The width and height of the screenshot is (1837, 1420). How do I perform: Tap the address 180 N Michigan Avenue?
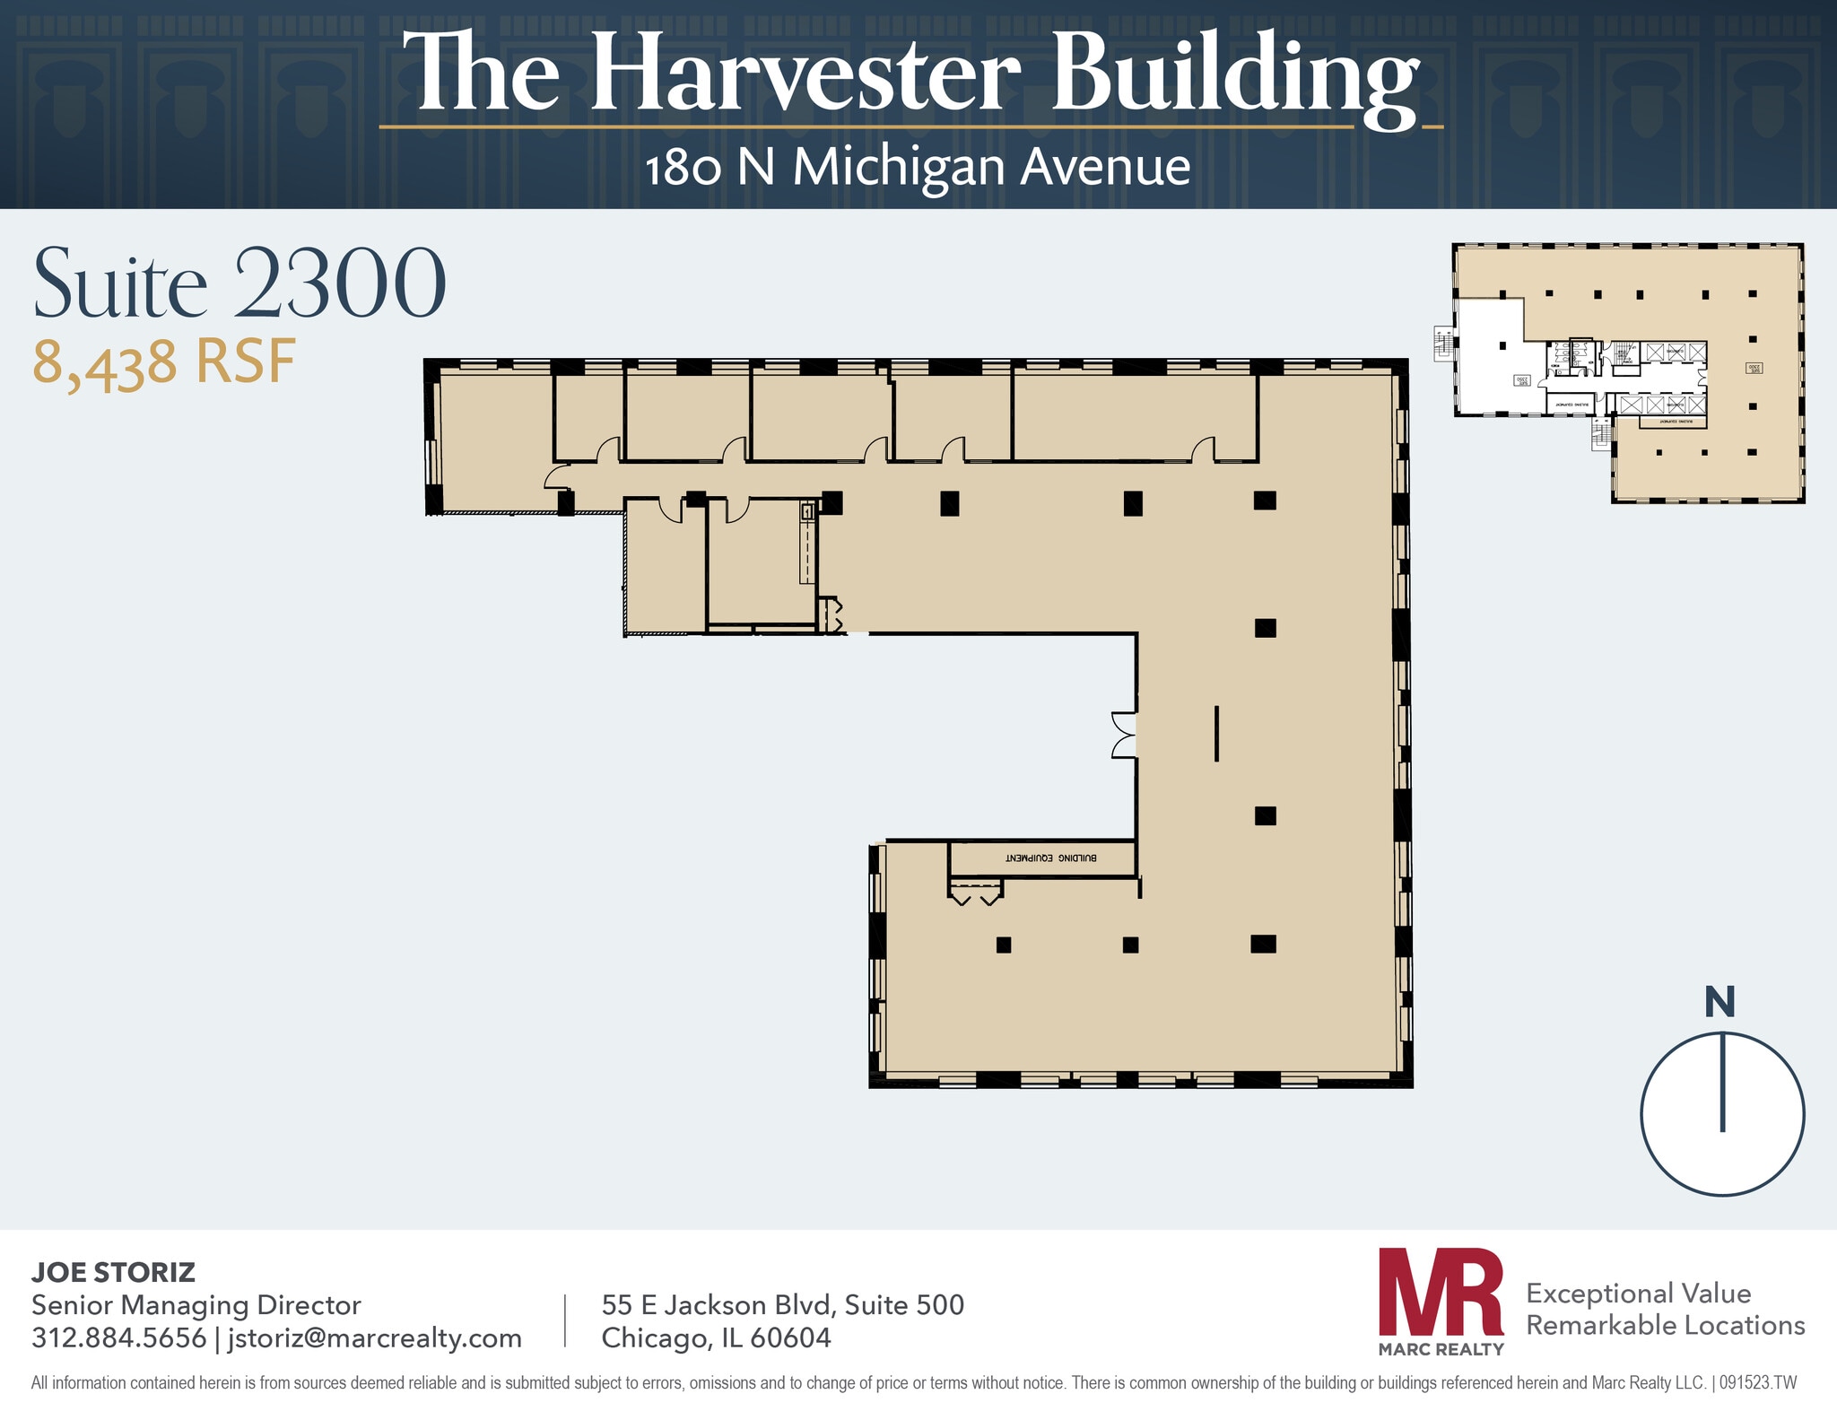(917, 167)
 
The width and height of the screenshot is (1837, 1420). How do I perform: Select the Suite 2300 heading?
(239, 283)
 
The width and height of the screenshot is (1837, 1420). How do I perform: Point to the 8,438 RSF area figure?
(164, 363)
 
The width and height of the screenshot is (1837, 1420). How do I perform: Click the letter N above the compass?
(1719, 1002)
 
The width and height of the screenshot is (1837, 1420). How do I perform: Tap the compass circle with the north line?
(1721, 1113)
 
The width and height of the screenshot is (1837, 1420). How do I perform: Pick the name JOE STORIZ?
(113, 1272)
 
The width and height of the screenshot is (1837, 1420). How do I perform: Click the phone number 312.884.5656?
(118, 1337)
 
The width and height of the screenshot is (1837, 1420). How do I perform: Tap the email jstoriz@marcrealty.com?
(374, 1337)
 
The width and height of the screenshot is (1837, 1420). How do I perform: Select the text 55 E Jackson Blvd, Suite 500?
(782, 1304)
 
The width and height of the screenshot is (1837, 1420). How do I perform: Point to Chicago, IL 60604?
(716, 1337)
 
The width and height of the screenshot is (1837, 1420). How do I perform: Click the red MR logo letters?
(1440, 1292)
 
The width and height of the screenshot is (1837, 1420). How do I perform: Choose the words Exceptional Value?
(1638, 1293)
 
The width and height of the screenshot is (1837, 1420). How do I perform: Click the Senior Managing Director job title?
(196, 1304)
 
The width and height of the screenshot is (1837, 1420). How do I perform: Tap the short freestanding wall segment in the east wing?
(1216, 734)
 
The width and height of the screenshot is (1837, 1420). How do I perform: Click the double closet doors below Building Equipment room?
(975, 893)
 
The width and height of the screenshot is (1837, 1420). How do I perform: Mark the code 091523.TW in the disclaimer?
(1757, 1382)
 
